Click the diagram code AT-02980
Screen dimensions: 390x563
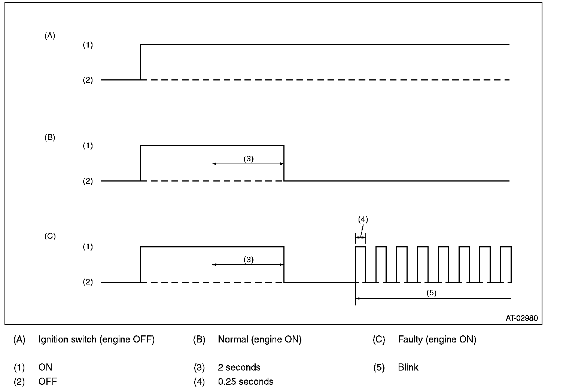point(522,318)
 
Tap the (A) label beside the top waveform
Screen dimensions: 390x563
point(50,36)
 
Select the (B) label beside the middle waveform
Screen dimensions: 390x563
point(50,137)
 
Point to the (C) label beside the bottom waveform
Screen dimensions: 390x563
point(50,236)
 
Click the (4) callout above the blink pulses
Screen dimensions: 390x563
point(363,220)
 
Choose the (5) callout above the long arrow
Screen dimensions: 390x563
point(431,293)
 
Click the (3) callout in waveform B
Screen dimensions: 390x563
point(249,159)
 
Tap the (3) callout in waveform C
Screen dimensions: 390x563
point(249,260)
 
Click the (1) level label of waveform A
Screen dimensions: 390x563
point(88,45)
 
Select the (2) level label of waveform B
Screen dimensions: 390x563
point(88,182)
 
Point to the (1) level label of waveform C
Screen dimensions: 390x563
point(88,247)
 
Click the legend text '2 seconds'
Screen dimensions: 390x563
point(239,367)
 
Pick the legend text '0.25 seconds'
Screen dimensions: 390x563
point(246,381)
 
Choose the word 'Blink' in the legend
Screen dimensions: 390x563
point(408,367)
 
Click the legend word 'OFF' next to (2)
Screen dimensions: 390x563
point(48,381)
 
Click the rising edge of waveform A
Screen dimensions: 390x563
point(140,62)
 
